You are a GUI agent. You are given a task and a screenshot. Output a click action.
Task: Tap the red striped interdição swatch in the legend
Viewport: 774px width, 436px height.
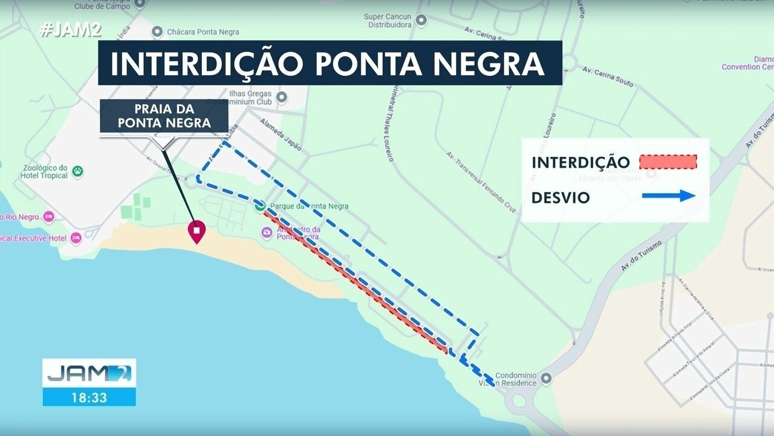click(x=668, y=162)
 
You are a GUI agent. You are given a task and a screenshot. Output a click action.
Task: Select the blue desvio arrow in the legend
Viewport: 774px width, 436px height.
click(x=669, y=196)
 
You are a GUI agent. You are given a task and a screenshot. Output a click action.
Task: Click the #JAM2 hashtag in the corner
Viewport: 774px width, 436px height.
click(x=70, y=31)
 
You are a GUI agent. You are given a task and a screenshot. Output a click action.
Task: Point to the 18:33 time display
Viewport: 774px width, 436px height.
click(x=89, y=398)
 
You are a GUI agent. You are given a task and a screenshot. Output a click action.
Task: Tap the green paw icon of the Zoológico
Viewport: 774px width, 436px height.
click(x=78, y=171)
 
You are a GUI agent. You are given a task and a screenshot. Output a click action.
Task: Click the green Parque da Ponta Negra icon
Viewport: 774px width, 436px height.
click(x=260, y=206)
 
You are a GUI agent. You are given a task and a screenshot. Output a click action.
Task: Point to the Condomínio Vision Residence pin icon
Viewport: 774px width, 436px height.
click(x=546, y=378)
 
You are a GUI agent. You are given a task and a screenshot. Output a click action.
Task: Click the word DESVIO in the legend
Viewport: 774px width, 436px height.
click(x=561, y=198)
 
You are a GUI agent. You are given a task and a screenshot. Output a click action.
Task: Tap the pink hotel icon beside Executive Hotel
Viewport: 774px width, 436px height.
click(x=76, y=238)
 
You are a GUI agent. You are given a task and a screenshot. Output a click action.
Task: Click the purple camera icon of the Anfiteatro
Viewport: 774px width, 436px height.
click(x=267, y=233)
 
